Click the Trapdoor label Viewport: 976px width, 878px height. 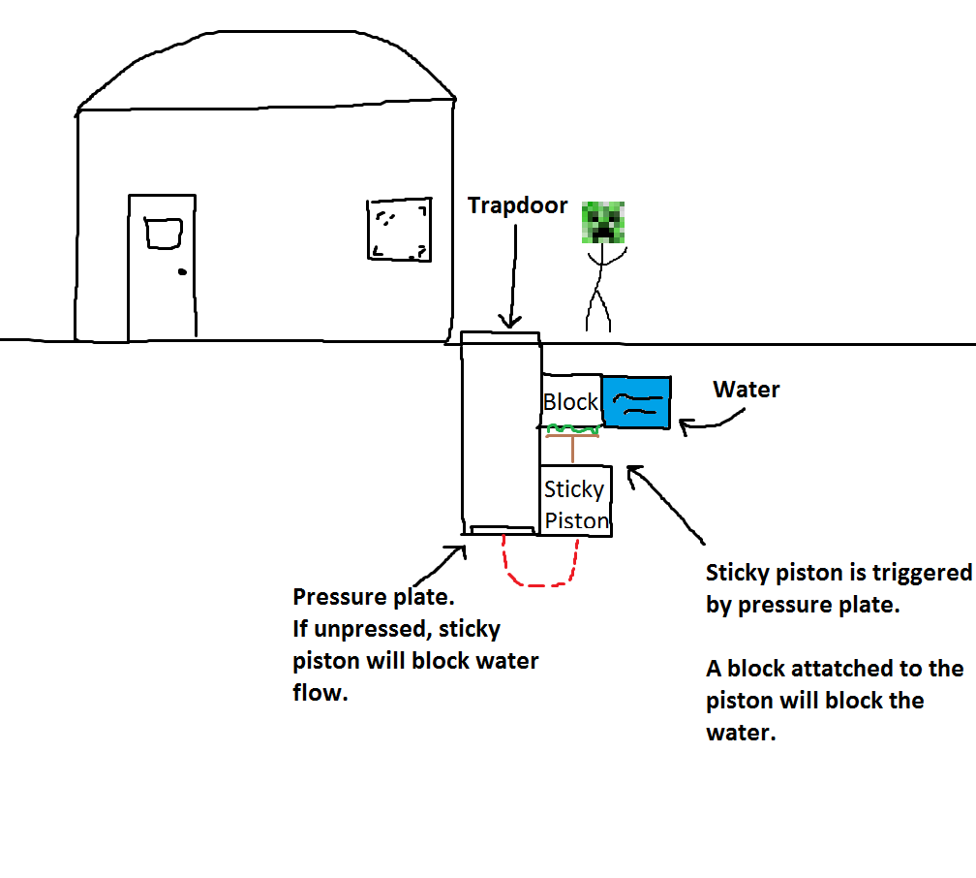[517, 205]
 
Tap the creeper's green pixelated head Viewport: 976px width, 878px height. [604, 222]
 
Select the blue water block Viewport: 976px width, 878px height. [635, 401]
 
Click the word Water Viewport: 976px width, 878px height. [747, 390]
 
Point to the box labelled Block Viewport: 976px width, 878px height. [571, 400]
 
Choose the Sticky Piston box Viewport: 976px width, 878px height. [575, 504]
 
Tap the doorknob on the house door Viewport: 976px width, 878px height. [181, 272]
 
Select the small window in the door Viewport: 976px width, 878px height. [164, 233]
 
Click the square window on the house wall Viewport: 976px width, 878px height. [399, 230]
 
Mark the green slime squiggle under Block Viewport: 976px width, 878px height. [572, 428]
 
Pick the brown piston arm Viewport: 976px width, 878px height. [573, 448]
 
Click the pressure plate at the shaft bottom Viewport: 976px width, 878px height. [501, 529]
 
